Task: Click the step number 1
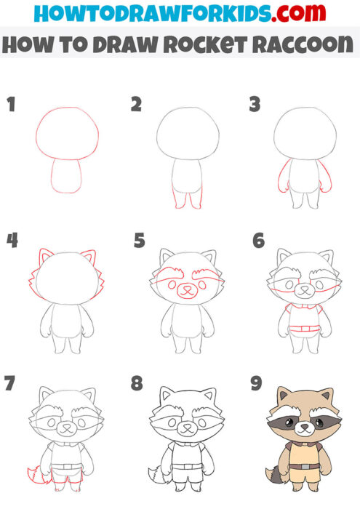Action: (10, 104)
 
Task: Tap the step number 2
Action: (136, 104)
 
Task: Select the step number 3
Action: (255, 104)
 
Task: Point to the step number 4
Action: (12, 239)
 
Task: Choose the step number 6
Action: (258, 239)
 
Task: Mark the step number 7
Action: (10, 383)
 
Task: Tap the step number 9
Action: (255, 383)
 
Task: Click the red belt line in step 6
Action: (301, 332)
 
